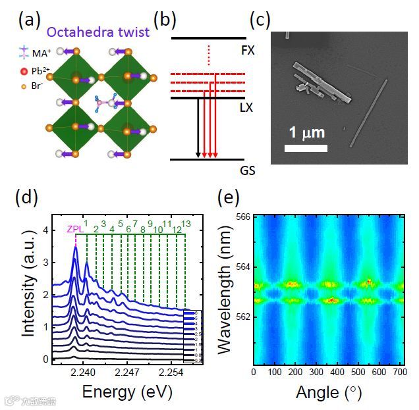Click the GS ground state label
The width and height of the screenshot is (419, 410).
tap(248, 170)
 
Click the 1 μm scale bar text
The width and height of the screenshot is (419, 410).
tap(306, 133)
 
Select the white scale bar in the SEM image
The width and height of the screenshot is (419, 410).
tap(306, 148)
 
